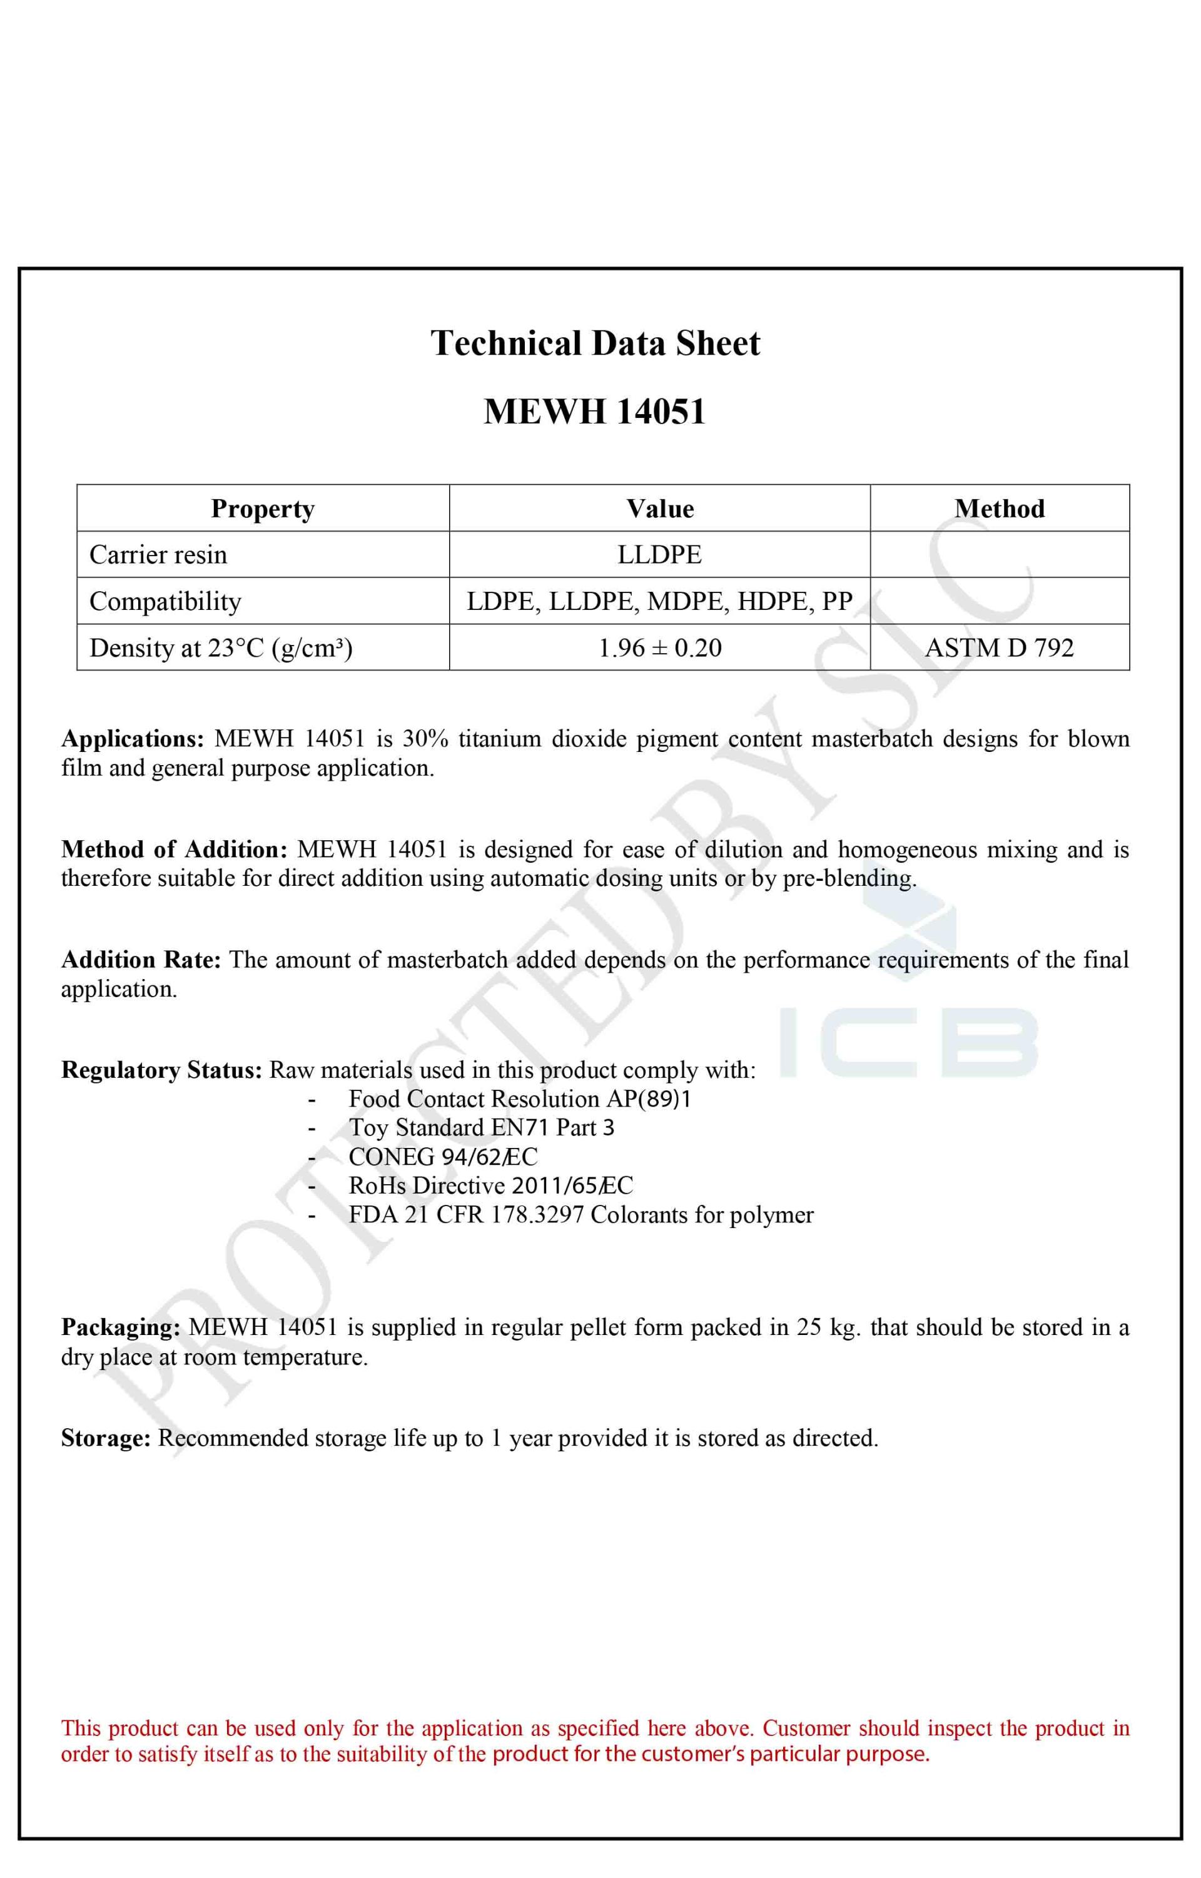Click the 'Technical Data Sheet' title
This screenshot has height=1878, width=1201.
pyautogui.click(x=595, y=344)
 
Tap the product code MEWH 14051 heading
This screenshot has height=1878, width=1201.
pyautogui.click(x=594, y=412)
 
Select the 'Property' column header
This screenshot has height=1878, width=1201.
pyautogui.click(x=263, y=509)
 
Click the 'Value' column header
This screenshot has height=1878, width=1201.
pyautogui.click(x=660, y=509)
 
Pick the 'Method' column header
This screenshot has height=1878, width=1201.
pyautogui.click(x=999, y=509)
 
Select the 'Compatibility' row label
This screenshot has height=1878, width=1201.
pyautogui.click(x=165, y=601)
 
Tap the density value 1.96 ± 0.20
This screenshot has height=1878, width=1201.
pyautogui.click(x=660, y=647)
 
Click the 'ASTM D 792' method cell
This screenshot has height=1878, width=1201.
pyautogui.click(x=999, y=647)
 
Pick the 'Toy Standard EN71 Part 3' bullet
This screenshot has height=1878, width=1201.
pyautogui.click(x=481, y=1128)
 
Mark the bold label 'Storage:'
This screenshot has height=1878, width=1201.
pyautogui.click(x=105, y=1438)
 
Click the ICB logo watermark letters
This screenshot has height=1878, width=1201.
pyautogui.click(x=908, y=1042)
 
